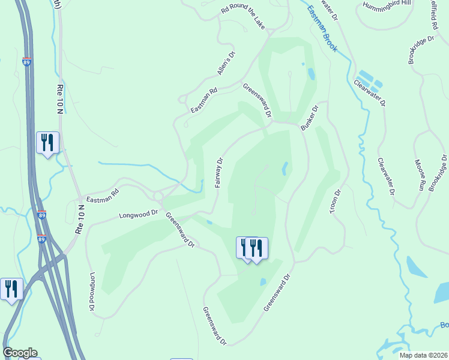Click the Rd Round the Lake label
tap(243, 16)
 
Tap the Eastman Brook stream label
tap(323, 28)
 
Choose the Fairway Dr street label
tap(220, 172)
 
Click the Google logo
tap(20, 352)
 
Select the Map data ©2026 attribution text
tap(423, 355)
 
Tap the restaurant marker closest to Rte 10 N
tap(47, 143)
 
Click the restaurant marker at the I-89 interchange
tap(11, 289)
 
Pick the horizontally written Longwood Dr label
tap(138, 213)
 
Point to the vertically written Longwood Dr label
tap(92, 292)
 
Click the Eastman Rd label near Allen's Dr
tap(203, 101)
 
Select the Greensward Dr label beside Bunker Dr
tap(258, 100)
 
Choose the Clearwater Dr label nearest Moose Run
tap(386, 176)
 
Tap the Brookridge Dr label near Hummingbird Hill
tap(421, 49)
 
